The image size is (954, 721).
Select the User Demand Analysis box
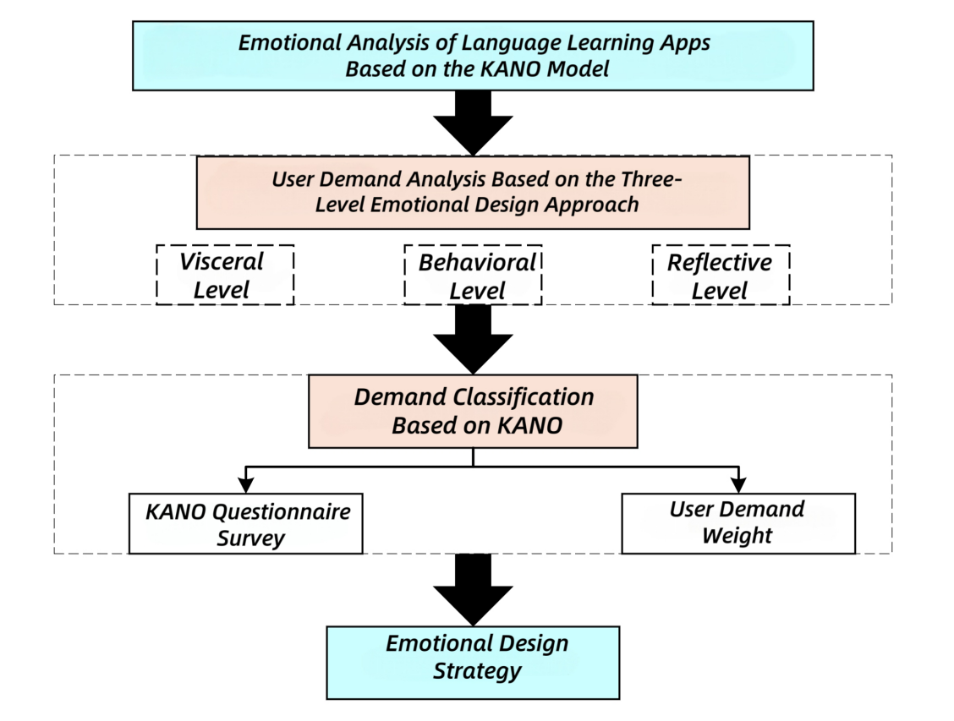pyautogui.click(x=473, y=192)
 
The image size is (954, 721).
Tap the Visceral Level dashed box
pyautogui.click(x=224, y=275)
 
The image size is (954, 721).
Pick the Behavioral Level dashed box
pyautogui.click(x=473, y=275)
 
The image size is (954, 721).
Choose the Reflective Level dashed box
pyautogui.click(x=721, y=275)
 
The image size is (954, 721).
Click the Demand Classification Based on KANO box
pyautogui.click(x=473, y=411)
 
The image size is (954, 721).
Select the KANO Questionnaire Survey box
pyautogui.click(x=246, y=523)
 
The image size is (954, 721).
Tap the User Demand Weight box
pyautogui.click(x=737, y=522)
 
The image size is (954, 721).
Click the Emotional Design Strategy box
pyautogui.click(x=473, y=662)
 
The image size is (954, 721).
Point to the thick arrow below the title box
pyautogui.click(x=473, y=121)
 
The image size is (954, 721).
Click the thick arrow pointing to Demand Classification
pyautogui.click(x=473, y=337)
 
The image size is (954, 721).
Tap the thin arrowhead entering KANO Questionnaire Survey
pyautogui.click(x=246, y=485)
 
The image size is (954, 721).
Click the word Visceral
pyautogui.click(x=222, y=261)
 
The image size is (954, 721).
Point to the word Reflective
pyautogui.click(x=720, y=262)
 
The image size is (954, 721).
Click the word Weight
pyautogui.click(x=737, y=535)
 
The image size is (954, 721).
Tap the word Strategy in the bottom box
pyautogui.click(x=477, y=673)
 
